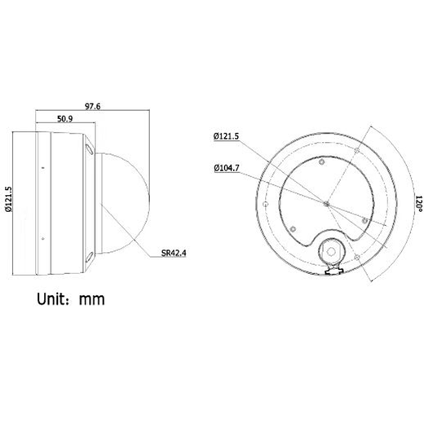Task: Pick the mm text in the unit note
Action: click(91, 298)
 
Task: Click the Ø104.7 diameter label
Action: click(227, 170)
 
